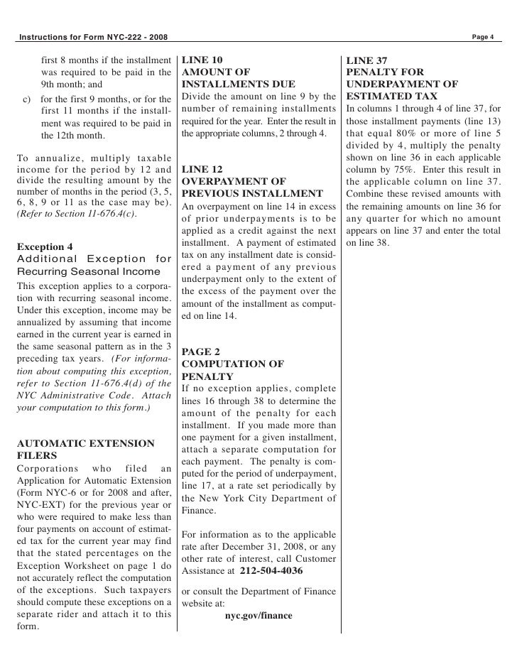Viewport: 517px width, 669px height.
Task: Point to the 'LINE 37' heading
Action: point(366,60)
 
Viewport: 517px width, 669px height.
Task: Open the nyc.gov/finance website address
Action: point(258,615)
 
